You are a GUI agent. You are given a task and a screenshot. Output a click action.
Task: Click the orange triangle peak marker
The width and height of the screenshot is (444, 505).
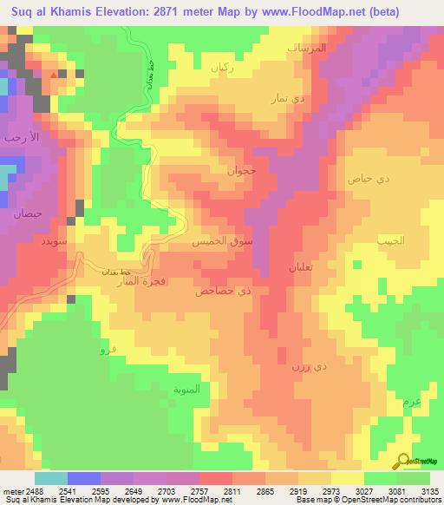tap(54, 75)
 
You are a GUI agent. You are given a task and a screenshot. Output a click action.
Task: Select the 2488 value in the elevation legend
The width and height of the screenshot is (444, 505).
tap(23, 492)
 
